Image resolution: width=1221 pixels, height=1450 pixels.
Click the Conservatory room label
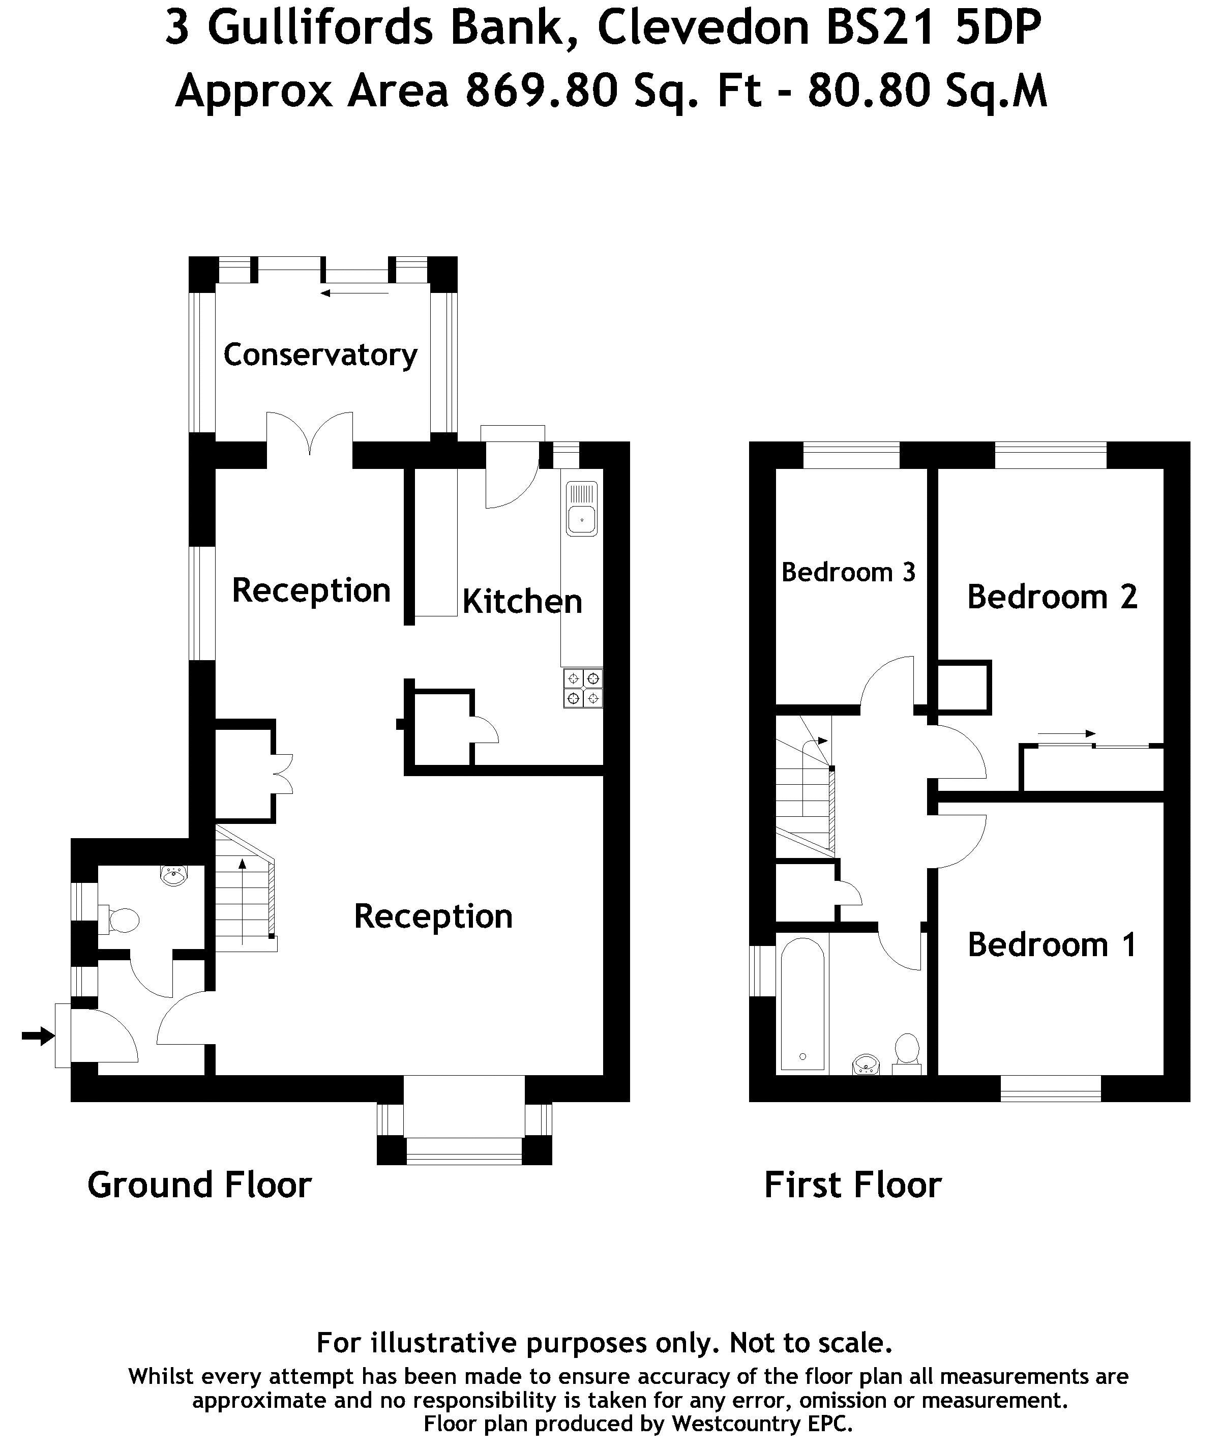320,355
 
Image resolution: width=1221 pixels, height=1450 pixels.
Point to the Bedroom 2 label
1052,597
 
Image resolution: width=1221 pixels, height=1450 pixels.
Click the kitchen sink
581,509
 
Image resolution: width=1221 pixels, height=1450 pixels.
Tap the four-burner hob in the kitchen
583,687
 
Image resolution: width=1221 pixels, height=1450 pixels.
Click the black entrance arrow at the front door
38,1036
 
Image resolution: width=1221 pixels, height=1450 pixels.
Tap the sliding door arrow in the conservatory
354,293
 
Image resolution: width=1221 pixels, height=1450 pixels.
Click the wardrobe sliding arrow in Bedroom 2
1066,734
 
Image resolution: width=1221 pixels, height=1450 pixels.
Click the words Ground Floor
199,1185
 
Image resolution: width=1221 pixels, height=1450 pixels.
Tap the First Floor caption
852,1185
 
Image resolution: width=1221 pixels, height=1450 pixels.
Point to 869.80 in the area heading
541,91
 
